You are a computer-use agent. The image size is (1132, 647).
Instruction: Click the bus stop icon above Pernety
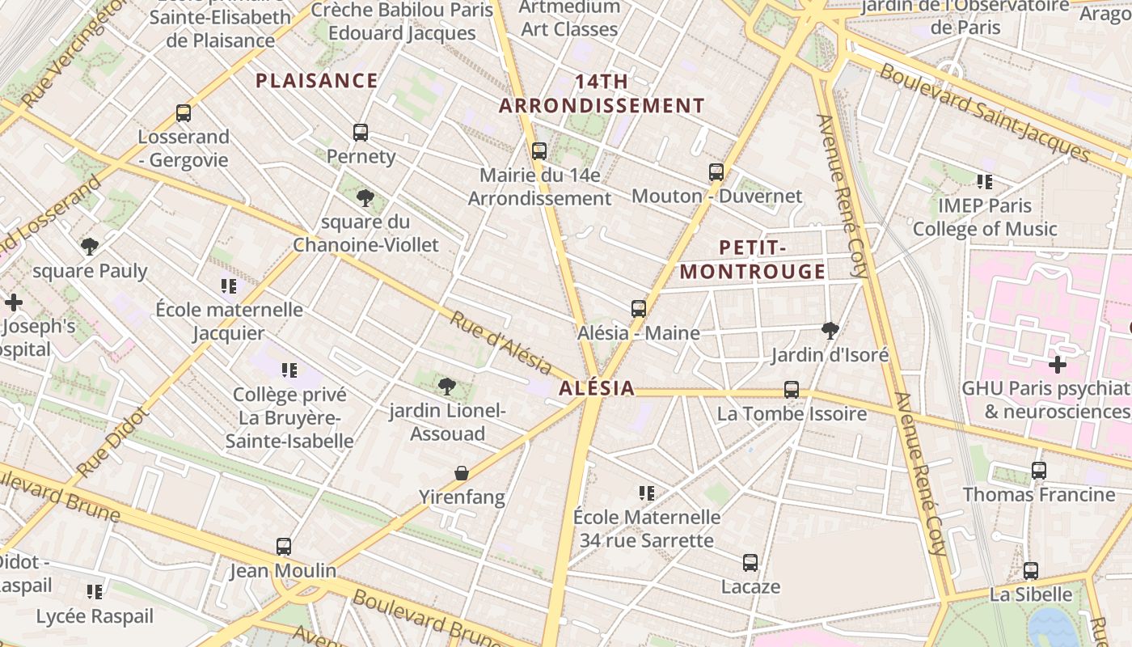coord(361,133)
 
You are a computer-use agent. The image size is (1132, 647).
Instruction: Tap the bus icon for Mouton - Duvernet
coord(716,172)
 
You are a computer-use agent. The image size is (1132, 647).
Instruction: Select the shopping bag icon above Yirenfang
coord(461,473)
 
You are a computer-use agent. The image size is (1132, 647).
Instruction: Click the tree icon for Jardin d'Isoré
coord(830,330)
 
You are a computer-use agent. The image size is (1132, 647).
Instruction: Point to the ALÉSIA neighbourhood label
coord(597,389)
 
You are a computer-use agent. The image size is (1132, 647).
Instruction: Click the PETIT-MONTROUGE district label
coord(753,260)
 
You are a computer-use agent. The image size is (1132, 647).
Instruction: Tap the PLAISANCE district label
coord(317,81)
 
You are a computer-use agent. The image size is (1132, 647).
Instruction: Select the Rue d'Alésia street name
coord(501,345)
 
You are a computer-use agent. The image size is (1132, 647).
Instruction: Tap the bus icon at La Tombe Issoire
coord(792,390)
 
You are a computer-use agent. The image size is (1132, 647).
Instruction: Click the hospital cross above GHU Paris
coord(1057,365)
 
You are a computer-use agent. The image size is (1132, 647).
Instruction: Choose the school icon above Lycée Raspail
coord(95,592)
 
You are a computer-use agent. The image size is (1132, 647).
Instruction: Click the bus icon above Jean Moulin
coord(283,547)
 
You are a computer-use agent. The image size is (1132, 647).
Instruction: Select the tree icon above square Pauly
coord(90,246)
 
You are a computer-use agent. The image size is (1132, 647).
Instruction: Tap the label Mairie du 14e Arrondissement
coord(539,187)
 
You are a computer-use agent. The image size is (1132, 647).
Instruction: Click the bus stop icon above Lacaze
coord(750,563)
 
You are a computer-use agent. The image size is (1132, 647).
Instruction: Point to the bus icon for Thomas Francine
coord(1039,471)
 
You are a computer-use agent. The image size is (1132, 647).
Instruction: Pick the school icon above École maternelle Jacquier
coord(229,285)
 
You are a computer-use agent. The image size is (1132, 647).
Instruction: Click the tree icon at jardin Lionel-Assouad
coord(446,387)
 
